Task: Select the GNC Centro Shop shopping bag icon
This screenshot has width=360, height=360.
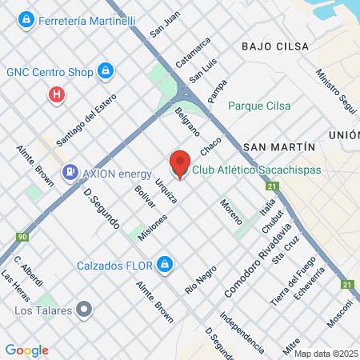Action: (105, 71)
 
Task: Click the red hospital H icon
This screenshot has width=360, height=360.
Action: (56, 95)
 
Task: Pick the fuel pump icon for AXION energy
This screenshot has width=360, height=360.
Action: (70, 171)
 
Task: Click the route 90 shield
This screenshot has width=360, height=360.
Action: (22, 238)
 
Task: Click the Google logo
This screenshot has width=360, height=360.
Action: (26, 350)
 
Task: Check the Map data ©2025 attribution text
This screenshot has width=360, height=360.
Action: (325, 354)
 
